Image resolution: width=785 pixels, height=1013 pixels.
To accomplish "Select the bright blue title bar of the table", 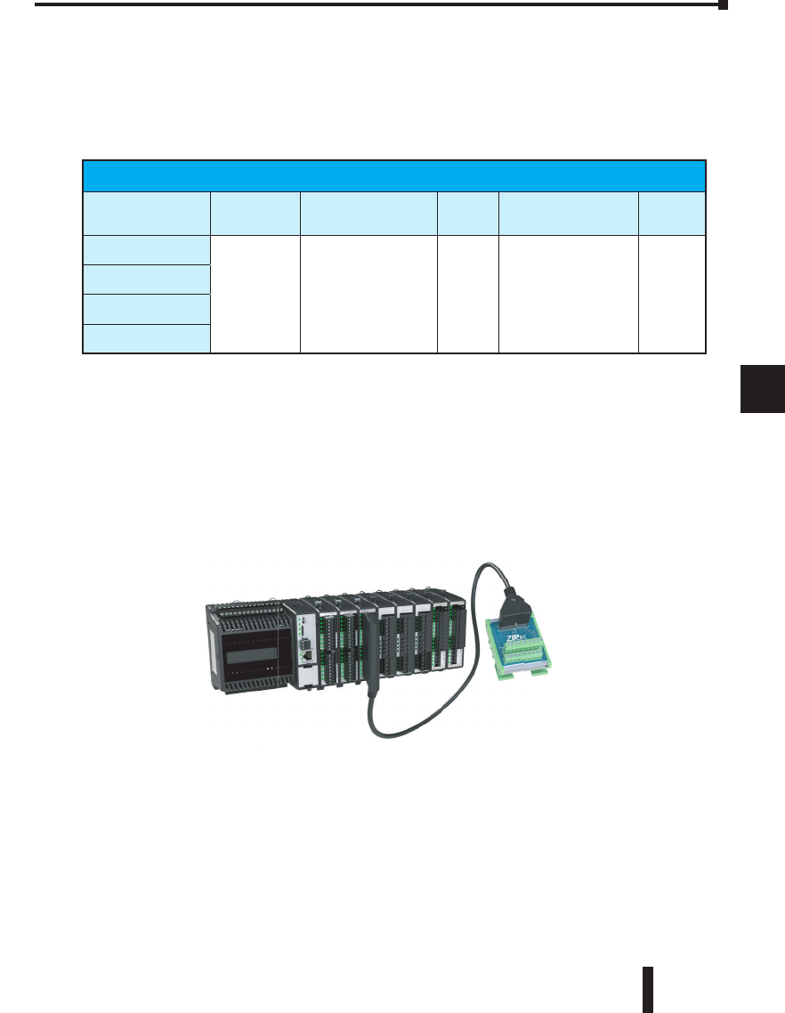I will [x=393, y=176].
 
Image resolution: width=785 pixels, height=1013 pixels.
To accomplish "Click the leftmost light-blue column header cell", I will [x=146, y=214].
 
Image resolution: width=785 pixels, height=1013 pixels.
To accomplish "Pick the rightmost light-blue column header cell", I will [x=672, y=214].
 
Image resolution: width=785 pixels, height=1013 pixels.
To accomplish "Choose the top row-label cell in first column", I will [x=146, y=250].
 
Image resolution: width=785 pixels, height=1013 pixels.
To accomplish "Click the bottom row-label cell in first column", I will [x=146, y=339].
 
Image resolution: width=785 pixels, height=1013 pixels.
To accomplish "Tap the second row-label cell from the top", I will [x=146, y=280].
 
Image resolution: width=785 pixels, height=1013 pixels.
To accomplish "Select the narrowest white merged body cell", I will [x=468, y=295].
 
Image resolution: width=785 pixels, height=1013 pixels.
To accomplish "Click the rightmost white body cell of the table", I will [x=672, y=295].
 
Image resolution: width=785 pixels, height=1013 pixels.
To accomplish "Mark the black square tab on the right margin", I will [x=763, y=389].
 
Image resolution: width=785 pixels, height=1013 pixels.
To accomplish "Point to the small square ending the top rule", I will [x=724, y=5].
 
